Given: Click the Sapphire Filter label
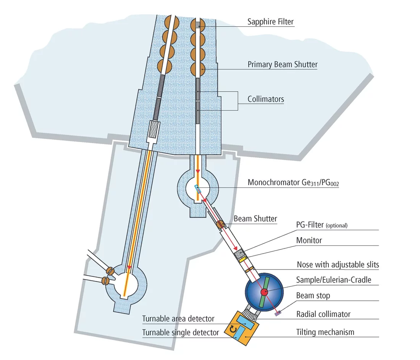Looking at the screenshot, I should (270, 22).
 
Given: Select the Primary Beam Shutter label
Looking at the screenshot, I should (283, 65).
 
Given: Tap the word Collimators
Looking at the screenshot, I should (266, 99).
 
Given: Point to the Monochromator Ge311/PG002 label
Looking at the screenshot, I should (293, 182).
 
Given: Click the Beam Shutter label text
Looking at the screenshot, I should (255, 219).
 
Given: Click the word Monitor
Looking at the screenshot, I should (309, 241).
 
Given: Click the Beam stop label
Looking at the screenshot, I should (313, 296).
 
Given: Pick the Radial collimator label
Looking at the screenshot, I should (323, 314).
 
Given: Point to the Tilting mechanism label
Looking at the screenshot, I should (325, 332).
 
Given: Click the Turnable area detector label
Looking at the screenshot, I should (178, 319).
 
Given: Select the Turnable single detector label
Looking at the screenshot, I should (181, 333).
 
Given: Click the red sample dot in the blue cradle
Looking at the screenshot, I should (264, 292).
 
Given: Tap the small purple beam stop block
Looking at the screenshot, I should (278, 313).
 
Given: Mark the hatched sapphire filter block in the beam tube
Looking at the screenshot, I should (198, 24).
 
